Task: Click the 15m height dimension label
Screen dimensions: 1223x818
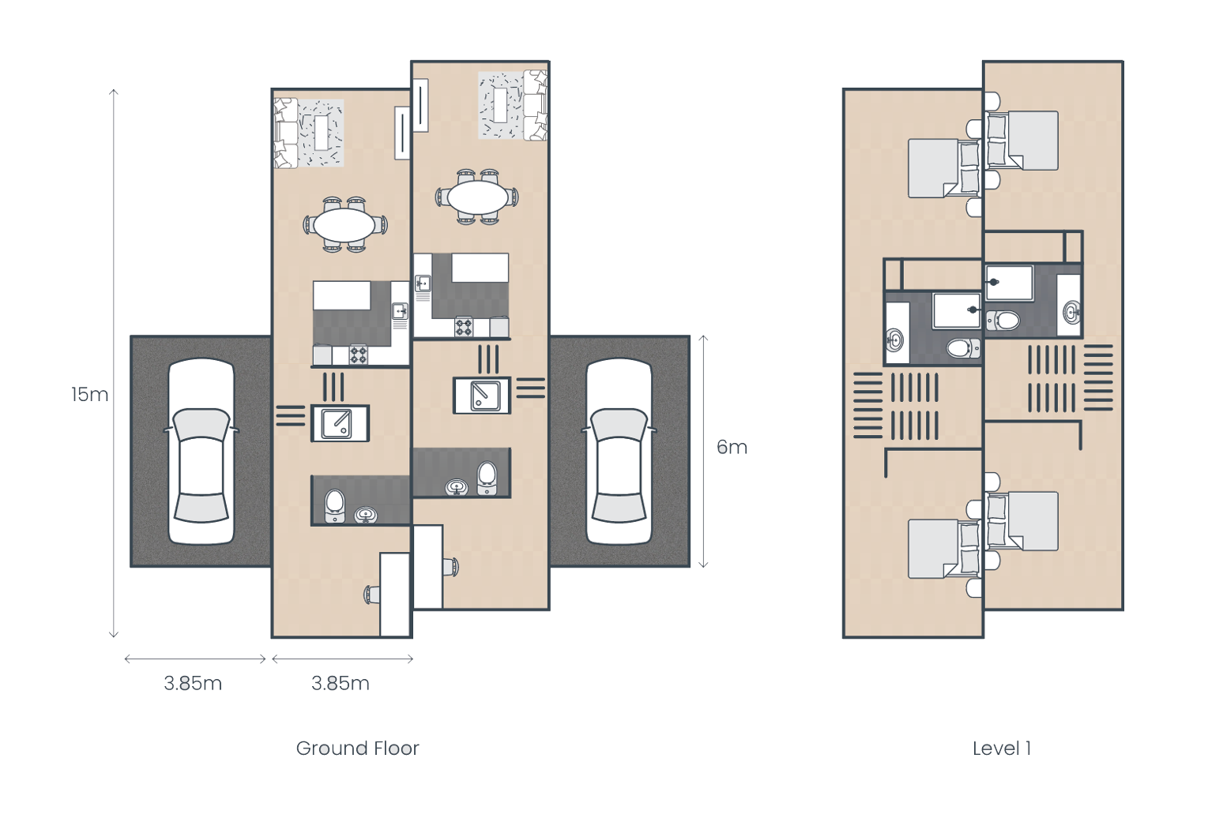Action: pyautogui.click(x=89, y=394)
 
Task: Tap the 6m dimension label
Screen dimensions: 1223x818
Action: pyautogui.click(x=732, y=447)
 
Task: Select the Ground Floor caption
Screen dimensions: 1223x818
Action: pyautogui.click(x=358, y=749)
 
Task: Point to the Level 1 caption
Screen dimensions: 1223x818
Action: pyautogui.click(x=1001, y=749)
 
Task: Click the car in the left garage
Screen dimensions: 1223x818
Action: pyautogui.click(x=201, y=451)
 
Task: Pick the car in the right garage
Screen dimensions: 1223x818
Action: pyautogui.click(x=619, y=451)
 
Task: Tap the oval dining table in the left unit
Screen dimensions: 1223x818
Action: pyautogui.click(x=344, y=224)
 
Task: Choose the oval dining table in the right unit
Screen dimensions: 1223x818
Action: pyautogui.click(x=478, y=197)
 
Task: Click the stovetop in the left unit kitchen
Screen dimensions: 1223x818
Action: pyautogui.click(x=358, y=355)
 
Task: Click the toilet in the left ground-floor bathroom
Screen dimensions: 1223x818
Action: pyautogui.click(x=335, y=506)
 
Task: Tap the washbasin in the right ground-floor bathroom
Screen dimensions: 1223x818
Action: pyautogui.click(x=457, y=486)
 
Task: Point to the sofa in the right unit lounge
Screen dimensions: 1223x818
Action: pyautogui.click(x=535, y=105)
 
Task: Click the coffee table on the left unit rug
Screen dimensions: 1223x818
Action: pyautogui.click(x=322, y=133)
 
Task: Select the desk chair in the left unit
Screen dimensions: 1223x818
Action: pyautogui.click(x=373, y=595)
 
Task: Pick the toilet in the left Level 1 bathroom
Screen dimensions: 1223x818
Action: pyautogui.click(x=964, y=347)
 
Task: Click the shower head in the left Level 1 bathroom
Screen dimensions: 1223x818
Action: pyautogui.click(x=973, y=310)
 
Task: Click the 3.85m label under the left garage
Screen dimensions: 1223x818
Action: pyautogui.click(x=193, y=683)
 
